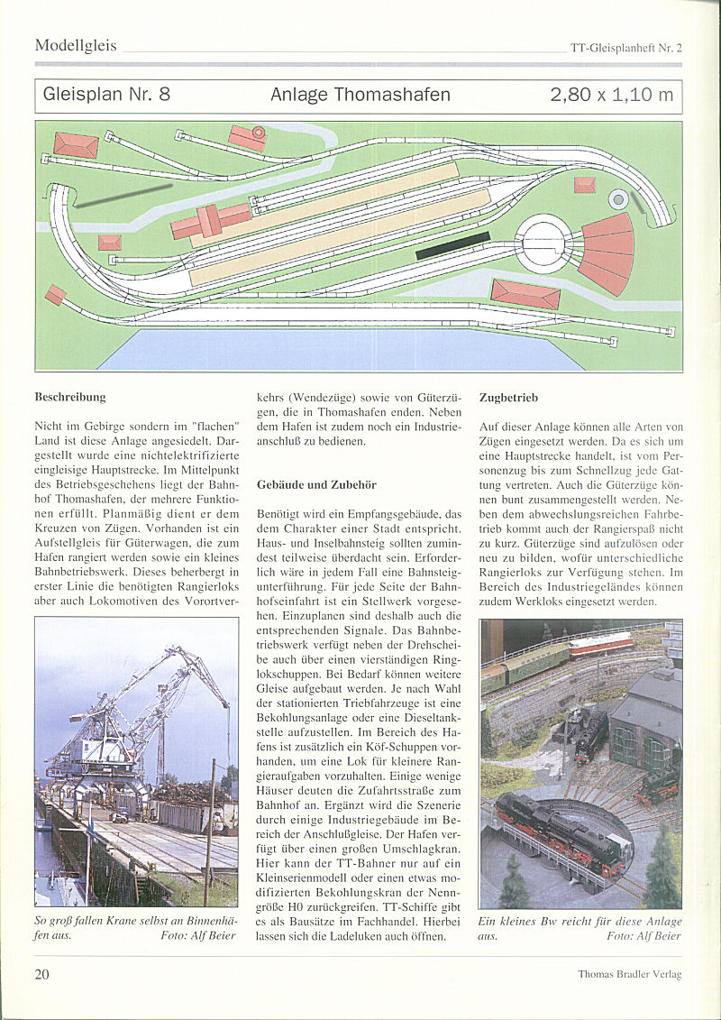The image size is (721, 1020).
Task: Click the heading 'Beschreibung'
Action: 70,396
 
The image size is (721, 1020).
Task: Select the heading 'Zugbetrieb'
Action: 510,396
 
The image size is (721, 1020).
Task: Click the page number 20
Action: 42,973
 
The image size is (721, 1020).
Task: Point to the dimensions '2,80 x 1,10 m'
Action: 611,95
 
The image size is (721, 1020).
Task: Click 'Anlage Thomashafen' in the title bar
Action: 360,95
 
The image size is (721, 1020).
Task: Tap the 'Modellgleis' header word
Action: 76,45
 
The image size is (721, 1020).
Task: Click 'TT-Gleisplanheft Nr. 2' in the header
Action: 625,48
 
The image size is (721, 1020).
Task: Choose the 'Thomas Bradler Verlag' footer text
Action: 629,974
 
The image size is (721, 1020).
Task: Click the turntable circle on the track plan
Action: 543,241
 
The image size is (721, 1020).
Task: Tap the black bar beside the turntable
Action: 452,245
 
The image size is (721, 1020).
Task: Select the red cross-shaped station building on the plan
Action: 210,220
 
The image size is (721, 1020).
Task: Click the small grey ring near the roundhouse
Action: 618,198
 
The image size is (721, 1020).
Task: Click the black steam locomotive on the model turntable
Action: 559,825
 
